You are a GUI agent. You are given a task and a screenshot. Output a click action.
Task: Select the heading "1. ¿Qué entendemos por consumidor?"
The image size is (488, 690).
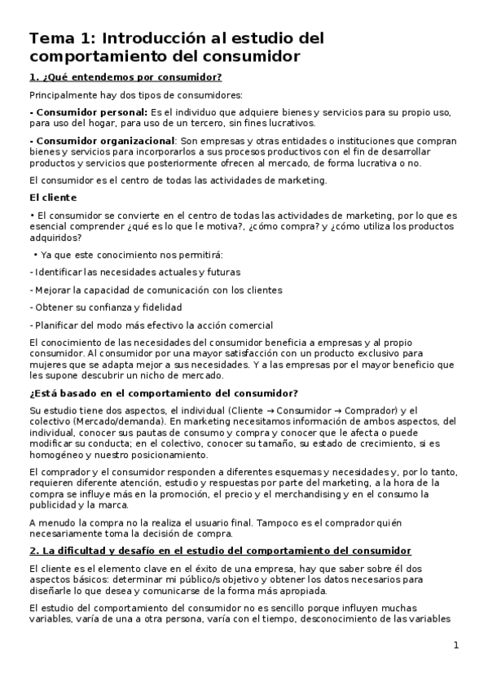[125, 77]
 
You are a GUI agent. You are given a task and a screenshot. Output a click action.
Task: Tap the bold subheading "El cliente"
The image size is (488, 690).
[53, 197]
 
